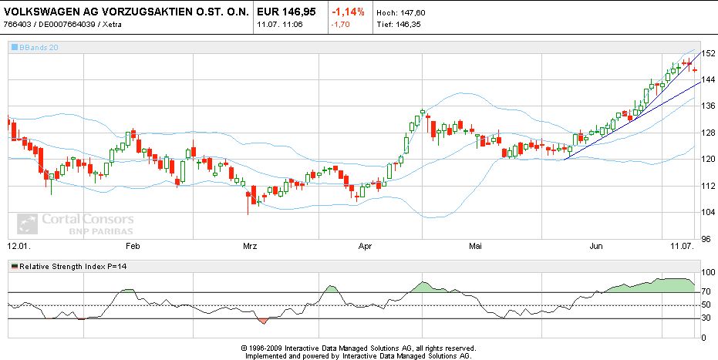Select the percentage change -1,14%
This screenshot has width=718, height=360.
(x=348, y=12)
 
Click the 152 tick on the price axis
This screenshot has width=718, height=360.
(x=707, y=52)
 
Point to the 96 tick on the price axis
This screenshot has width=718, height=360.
(x=705, y=238)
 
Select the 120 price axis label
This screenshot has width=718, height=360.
(x=707, y=159)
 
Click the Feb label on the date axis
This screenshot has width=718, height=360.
(x=132, y=247)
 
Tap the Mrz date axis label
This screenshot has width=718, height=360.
(x=249, y=247)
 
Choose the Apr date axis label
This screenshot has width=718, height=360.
(x=366, y=247)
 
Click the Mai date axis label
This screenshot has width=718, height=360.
(x=475, y=247)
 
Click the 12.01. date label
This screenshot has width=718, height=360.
(x=18, y=247)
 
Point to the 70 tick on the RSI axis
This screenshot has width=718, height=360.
(x=706, y=292)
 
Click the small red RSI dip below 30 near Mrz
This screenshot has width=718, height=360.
(x=264, y=320)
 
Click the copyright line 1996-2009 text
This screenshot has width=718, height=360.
(x=358, y=348)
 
